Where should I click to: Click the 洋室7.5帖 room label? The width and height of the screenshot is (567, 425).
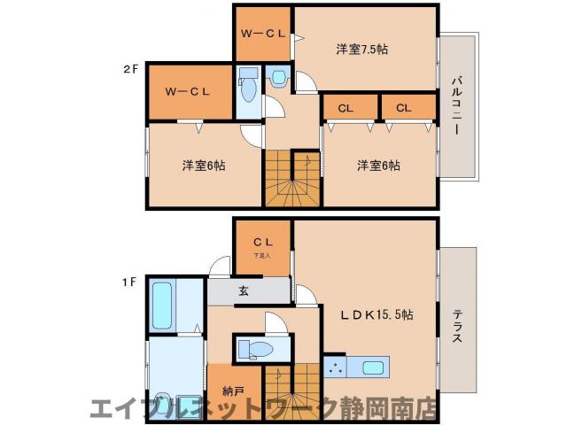coord(361,49)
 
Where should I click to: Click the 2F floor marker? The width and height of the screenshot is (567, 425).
coord(130,67)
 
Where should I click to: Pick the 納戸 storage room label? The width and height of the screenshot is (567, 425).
coord(221,389)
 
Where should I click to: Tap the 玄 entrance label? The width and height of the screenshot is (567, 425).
coord(243,290)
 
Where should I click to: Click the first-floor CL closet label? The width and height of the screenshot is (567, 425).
coord(262,241)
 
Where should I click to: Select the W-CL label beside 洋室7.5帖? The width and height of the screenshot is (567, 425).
coord(263,35)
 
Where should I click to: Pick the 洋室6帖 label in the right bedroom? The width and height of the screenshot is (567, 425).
coord(378,165)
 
